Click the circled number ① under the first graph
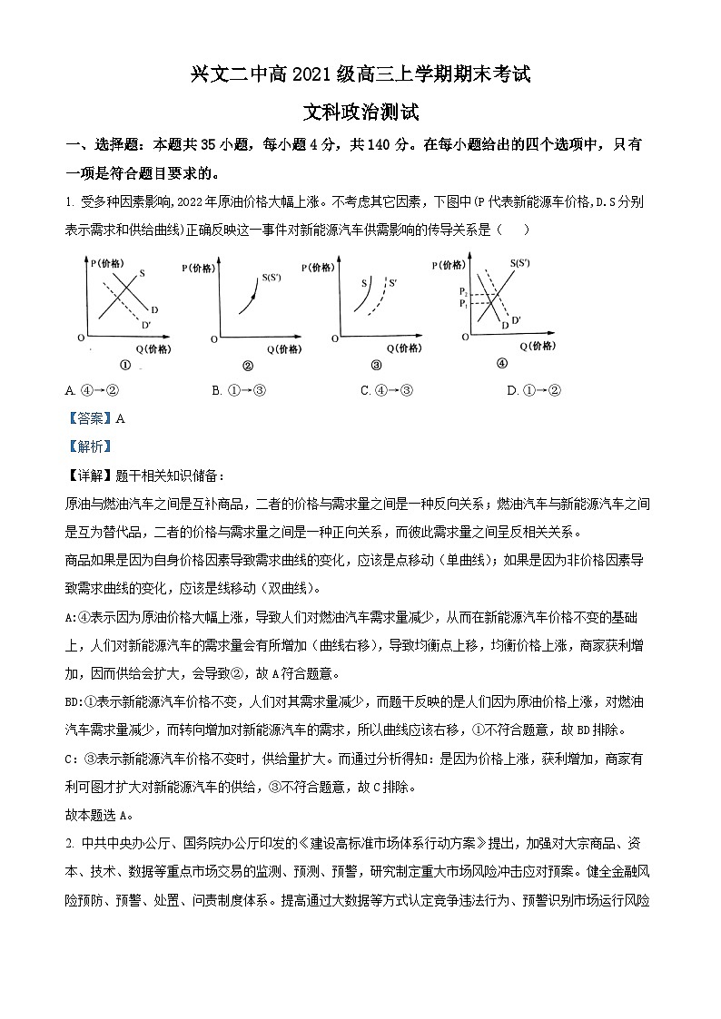pos(125,366)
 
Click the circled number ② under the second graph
pos(247,367)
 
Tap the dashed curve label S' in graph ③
pos(392,283)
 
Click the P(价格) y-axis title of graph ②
pos(199,268)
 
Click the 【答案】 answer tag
pos(90,418)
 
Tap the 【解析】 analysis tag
pos(88,446)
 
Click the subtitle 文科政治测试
pos(360,113)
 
